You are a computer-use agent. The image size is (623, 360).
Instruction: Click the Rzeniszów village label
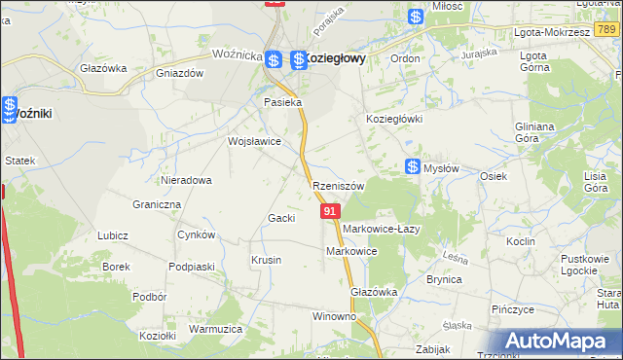[339, 186]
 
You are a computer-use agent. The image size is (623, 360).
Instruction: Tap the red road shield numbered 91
[330, 210]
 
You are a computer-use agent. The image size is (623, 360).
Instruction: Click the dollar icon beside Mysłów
[413, 167]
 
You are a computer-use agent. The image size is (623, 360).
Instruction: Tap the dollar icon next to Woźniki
[10, 107]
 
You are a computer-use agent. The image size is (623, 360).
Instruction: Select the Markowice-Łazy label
[381, 229]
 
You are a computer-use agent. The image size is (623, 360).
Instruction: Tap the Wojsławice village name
[254, 141]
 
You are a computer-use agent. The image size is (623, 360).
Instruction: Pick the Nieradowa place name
[187, 180]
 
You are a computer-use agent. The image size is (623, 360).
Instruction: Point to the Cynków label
[196, 235]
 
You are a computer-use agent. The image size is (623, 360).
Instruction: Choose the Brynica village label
[443, 279]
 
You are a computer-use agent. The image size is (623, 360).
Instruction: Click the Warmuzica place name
[215, 329]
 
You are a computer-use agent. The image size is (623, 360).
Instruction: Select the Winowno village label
[334, 317]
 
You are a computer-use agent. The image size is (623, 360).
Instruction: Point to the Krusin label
[266, 260]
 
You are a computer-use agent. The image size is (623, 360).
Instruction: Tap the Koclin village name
[521, 240]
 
